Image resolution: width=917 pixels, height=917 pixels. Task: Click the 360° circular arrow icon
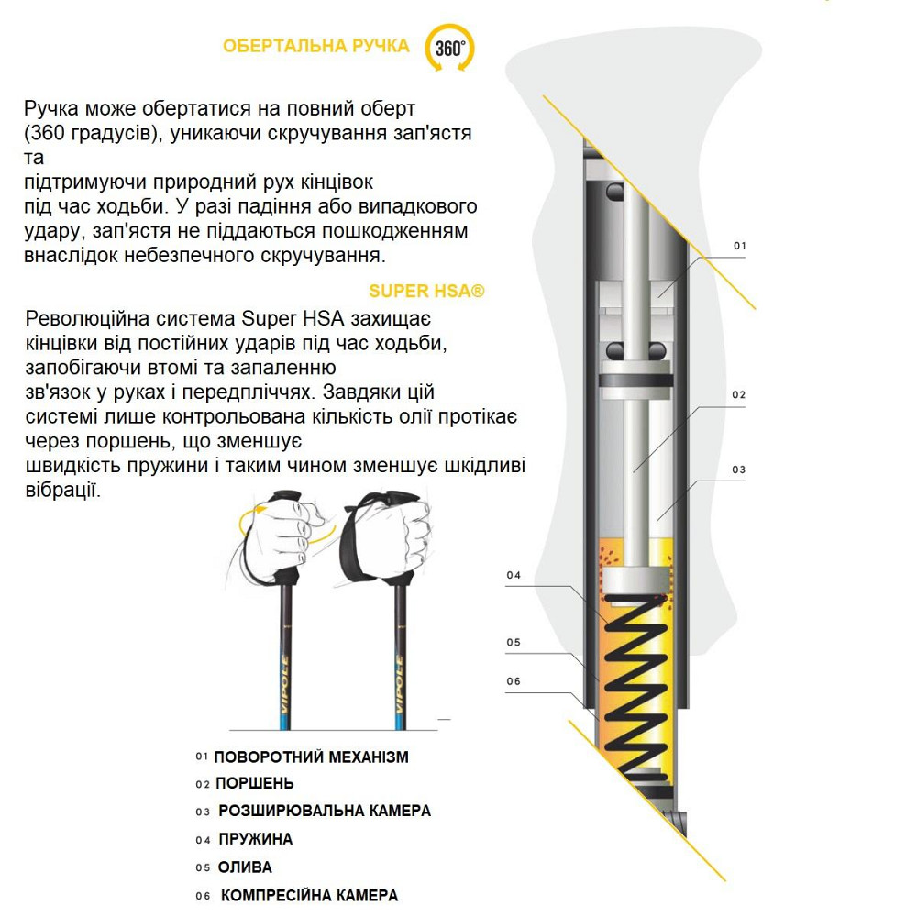pos(449,48)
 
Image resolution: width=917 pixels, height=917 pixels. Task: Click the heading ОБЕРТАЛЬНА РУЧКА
pos(316,46)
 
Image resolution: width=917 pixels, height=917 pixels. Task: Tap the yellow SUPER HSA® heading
pos(426,292)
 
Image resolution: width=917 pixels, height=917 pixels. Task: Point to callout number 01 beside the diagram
pos(740,247)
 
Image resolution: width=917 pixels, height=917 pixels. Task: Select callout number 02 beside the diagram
pos(739,395)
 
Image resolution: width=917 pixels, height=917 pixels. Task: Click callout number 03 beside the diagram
pos(739,470)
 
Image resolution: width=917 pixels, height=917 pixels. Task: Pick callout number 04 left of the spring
pos(514,576)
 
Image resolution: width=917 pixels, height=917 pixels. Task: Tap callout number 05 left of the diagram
pos(514,643)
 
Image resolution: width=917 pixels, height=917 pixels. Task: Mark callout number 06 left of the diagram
pos(514,680)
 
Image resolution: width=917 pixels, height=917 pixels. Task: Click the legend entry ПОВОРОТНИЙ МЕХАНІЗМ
pos(311,757)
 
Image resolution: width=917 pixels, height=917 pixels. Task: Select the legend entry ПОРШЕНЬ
pos(255,784)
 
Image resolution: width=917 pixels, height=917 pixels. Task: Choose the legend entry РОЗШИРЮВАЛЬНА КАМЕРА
pos(325,812)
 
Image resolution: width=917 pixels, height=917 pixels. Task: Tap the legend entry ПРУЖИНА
pos(256,839)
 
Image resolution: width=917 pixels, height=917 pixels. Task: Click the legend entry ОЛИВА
pos(245,867)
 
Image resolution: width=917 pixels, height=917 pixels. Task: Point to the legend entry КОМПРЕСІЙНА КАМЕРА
pos(310,896)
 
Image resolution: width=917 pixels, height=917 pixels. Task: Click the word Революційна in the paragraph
pos(85,319)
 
